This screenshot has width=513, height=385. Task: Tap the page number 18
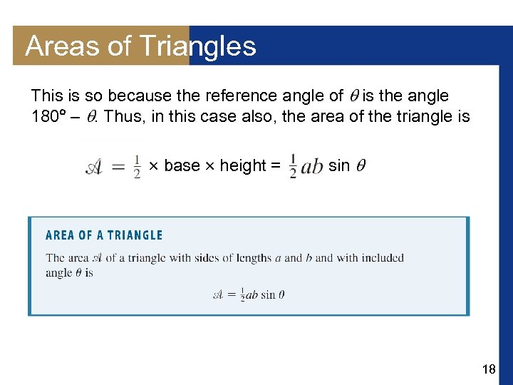[x=489, y=369]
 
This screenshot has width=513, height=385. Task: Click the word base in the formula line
[x=182, y=165]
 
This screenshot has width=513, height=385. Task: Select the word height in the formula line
[x=242, y=165]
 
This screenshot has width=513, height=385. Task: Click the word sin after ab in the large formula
[x=338, y=165]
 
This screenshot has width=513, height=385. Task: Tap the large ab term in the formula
[x=311, y=168]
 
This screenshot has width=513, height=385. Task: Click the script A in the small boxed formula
[x=219, y=294]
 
